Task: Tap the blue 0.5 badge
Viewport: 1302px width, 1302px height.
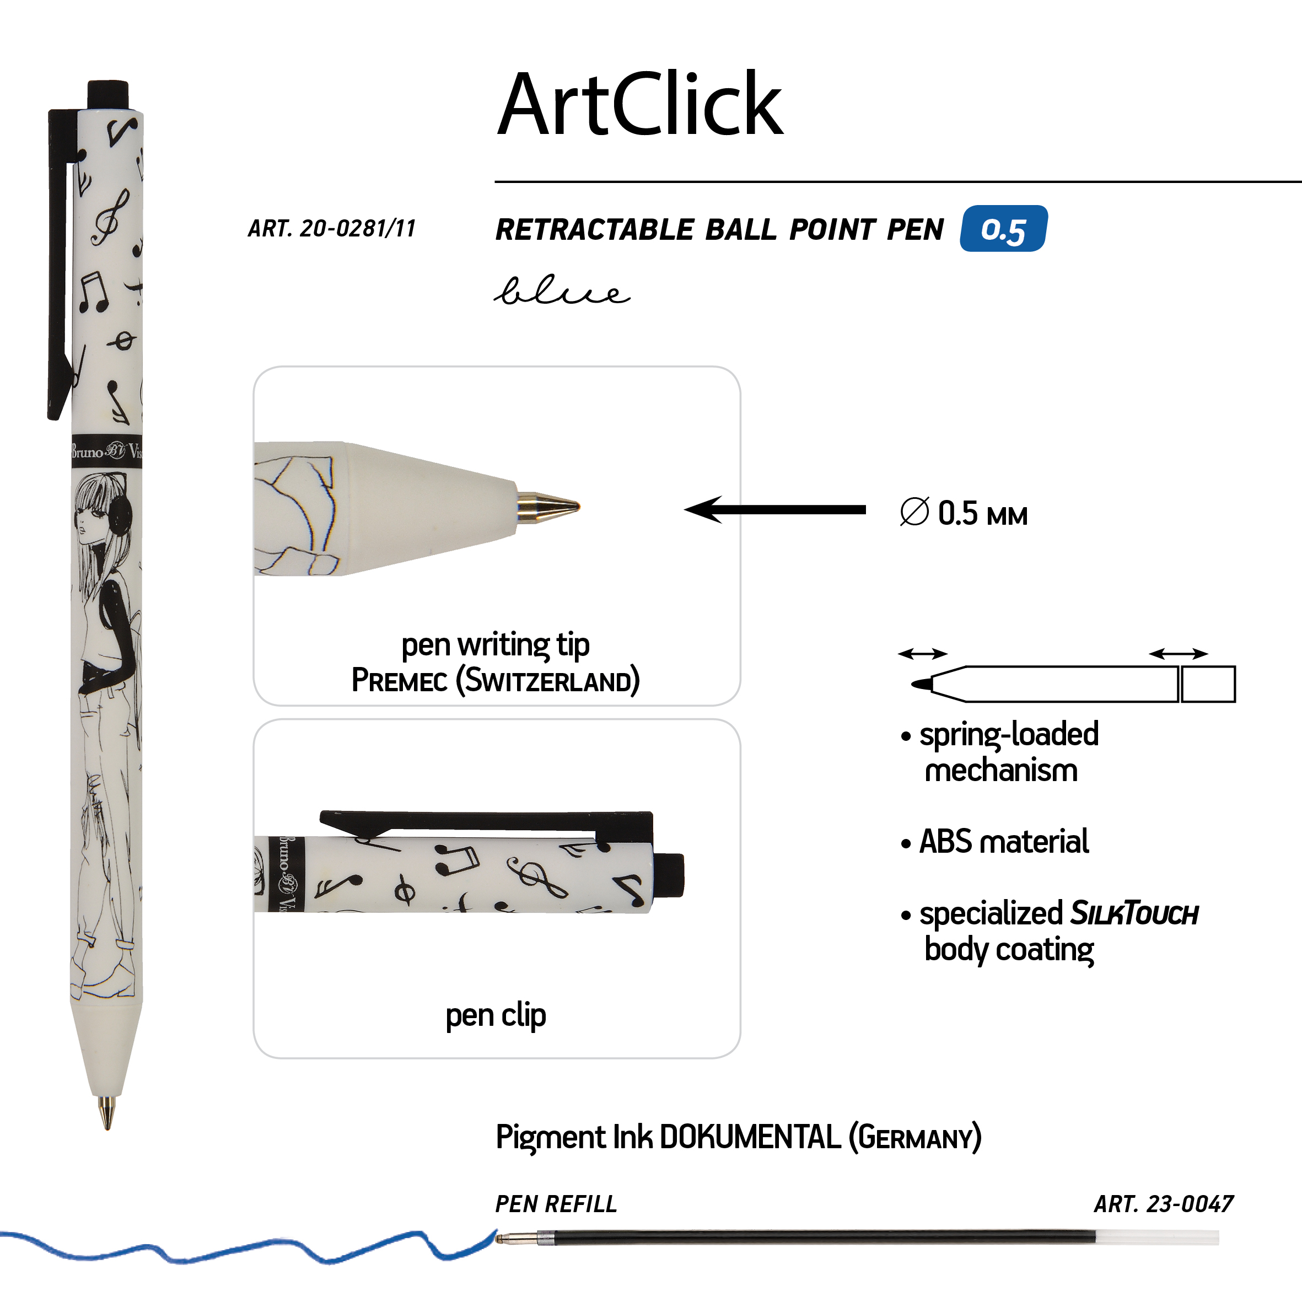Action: point(1003,228)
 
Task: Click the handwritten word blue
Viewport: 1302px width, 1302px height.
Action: point(562,290)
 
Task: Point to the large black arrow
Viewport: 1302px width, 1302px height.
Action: point(775,509)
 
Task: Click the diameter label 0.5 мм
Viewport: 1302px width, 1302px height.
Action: point(964,514)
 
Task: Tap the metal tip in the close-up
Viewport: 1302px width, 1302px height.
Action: point(547,506)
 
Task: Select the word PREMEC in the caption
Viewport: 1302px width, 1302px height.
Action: point(399,680)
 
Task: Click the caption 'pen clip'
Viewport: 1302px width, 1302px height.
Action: point(496,1015)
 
